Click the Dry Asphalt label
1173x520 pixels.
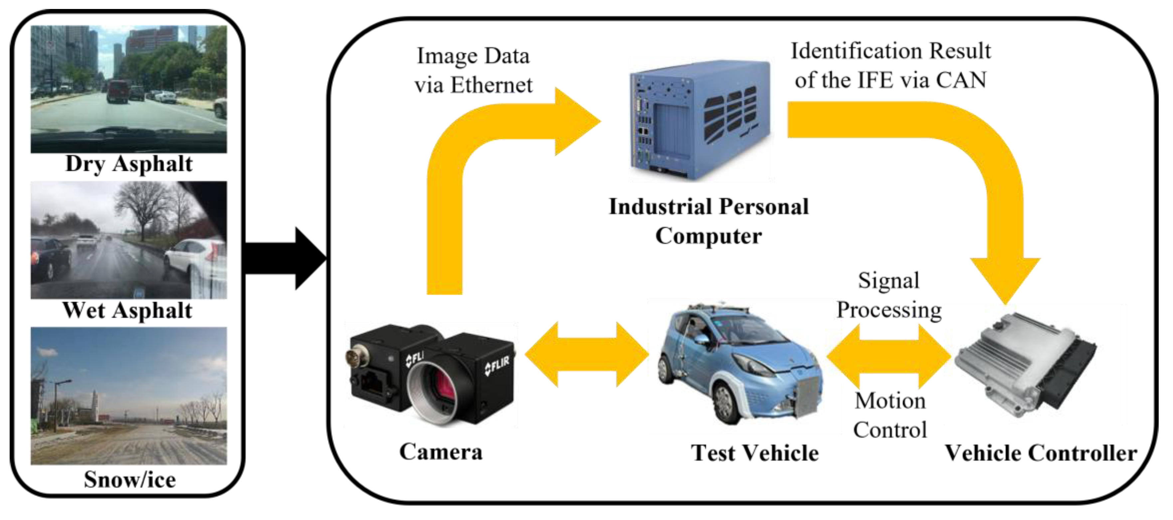[129, 164]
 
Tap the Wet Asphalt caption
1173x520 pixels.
[127, 310]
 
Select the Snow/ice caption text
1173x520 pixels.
[130, 479]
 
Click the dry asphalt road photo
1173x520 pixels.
[128, 89]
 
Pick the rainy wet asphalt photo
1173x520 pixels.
[128, 240]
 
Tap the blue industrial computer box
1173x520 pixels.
[699, 121]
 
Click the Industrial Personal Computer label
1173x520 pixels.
[709, 221]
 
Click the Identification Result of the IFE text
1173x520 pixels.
[891, 65]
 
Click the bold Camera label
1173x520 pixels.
[440, 452]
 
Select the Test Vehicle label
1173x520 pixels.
[754, 453]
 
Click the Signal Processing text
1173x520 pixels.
[889, 295]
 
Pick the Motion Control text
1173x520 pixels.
[890, 415]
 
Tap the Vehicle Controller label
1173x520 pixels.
[1041, 453]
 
